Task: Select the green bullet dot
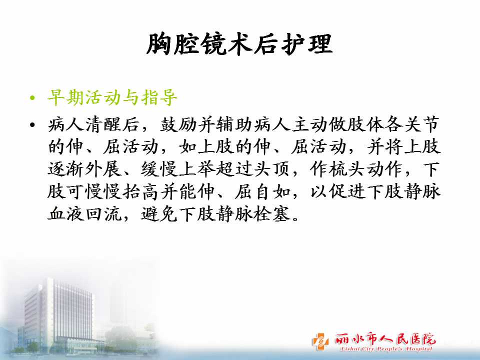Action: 33,98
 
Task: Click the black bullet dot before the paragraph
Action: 33,125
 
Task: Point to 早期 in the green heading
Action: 66,98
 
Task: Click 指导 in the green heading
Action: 159,98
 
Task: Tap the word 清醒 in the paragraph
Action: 103,124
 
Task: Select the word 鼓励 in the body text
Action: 178,124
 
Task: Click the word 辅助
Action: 234,124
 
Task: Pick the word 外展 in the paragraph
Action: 103,169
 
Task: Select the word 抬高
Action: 141,191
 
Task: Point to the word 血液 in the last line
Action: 66,214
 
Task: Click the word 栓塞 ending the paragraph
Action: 272,214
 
